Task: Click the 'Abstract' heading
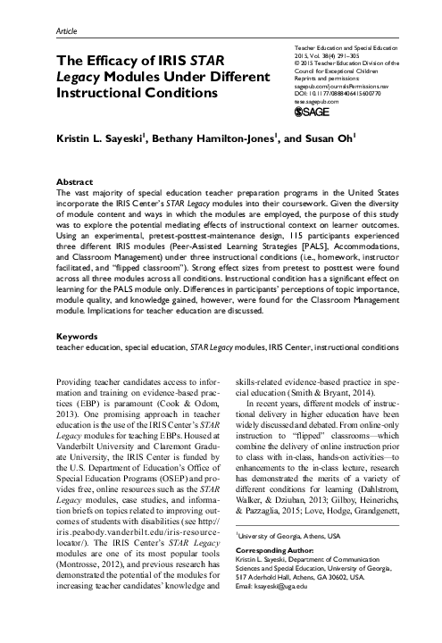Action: pos(74,180)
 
